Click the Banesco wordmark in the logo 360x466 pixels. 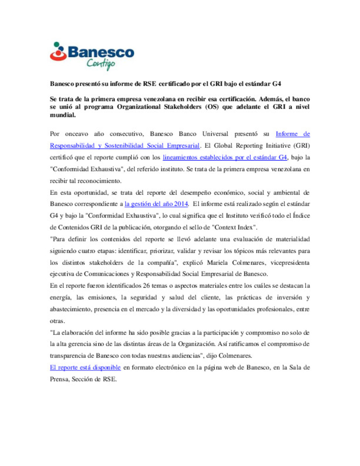[x=101, y=52]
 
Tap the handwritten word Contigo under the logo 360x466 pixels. [x=101, y=63]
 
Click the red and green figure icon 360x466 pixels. [x=58, y=52]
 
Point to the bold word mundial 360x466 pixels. [x=63, y=115]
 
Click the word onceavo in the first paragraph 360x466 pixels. [x=76, y=134]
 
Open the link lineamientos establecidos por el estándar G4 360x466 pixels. [x=225, y=157]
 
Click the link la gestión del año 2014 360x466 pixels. [x=156, y=204]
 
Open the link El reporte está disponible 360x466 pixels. [x=85, y=367]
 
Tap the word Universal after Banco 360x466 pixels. [x=215, y=134]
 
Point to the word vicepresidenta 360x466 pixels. [x=290, y=263]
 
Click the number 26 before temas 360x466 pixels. [x=146, y=286]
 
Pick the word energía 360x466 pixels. [x=60, y=298]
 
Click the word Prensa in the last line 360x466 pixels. [x=59, y=379]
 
